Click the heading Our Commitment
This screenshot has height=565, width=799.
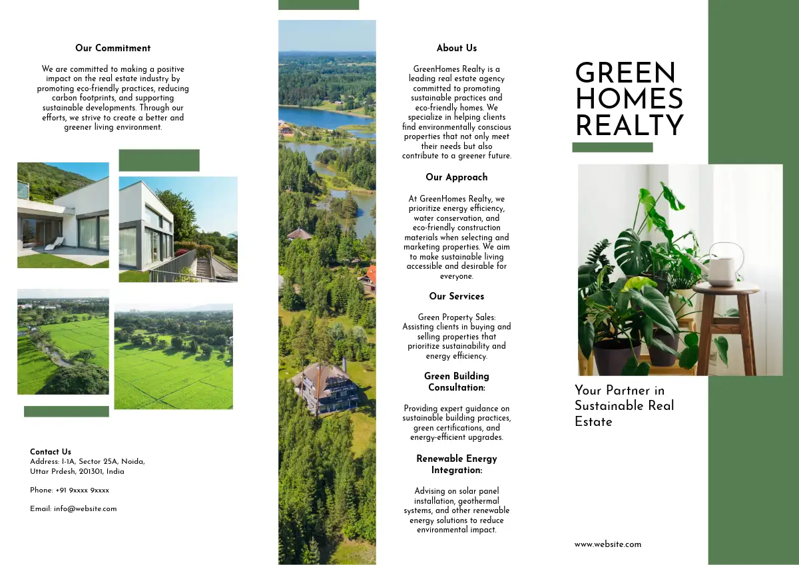[x=113, y=49]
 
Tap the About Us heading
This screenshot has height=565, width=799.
[x=457, y=49]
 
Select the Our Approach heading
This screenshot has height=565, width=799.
[x=457, y=178]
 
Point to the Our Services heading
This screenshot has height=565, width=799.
[x=457, y=297]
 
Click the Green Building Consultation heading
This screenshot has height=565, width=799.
[x=457, y=382]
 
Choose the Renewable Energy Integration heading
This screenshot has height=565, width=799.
[x=457, y=465]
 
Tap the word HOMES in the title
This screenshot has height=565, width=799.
[x=629, y=100]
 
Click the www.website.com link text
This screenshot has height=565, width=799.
[x=608, y=544]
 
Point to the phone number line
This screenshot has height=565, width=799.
[x=69, y=490]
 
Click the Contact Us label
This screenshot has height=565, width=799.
[x=51, y=452]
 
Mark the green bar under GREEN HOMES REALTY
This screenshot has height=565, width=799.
[x=613, y=148]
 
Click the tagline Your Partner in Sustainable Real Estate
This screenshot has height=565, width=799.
[x=624, y=406]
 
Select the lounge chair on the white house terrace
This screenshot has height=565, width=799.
[x=54, y=244]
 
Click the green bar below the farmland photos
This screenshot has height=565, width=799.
[x=66, y=412]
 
